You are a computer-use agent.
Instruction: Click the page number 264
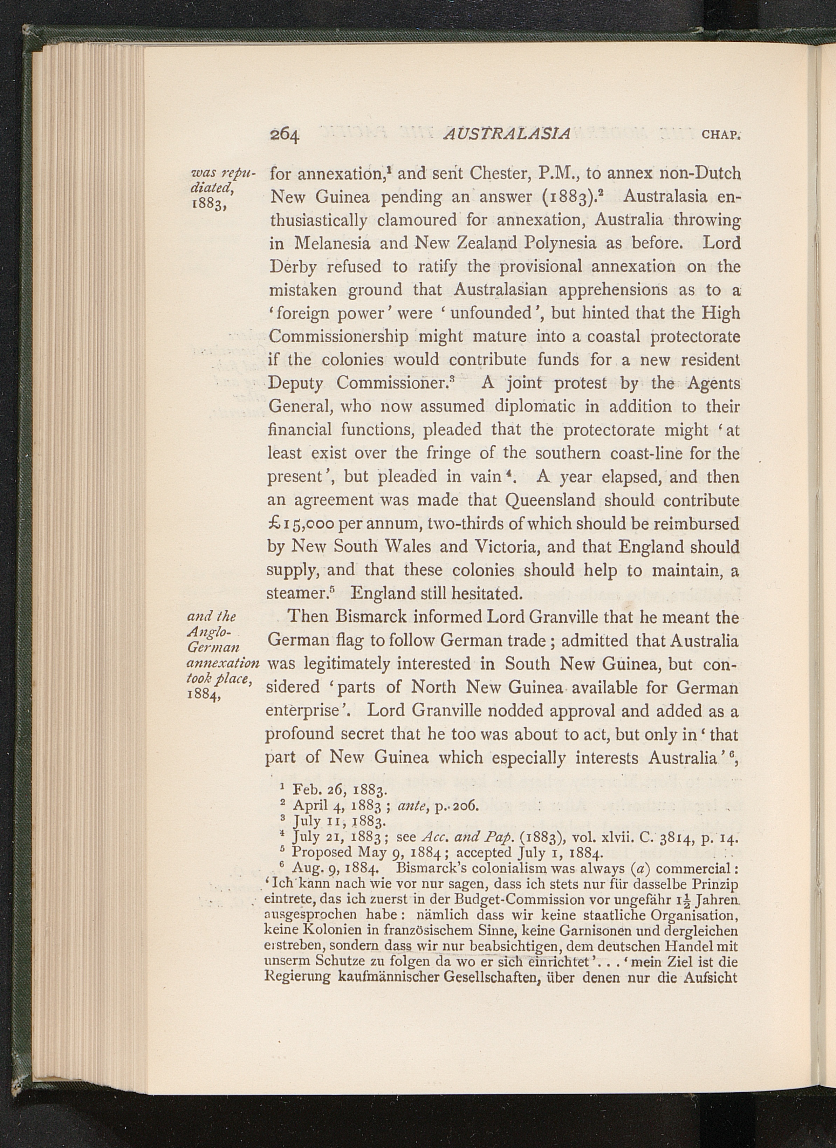point(285,134)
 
